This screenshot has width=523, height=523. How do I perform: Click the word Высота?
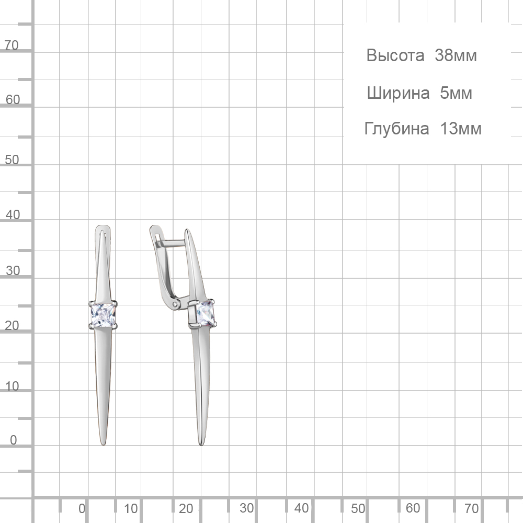click(x=395, y=55)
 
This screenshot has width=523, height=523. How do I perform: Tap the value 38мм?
click(x=456, y=55)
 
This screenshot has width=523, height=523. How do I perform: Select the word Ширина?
click(x=398, y=93)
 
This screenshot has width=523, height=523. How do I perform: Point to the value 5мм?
click(x=456, y=93)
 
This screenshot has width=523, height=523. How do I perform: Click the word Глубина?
click(x=396, y=129)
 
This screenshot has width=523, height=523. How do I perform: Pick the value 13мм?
click(x=461, y=129)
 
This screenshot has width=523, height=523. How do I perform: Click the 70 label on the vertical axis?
click(x=12, y=46)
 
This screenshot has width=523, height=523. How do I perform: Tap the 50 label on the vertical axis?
click(x=12, y=160)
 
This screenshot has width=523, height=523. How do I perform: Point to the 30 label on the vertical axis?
click(x=13, y=270)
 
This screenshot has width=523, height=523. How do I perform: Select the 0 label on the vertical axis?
click(x=14, y=440)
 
